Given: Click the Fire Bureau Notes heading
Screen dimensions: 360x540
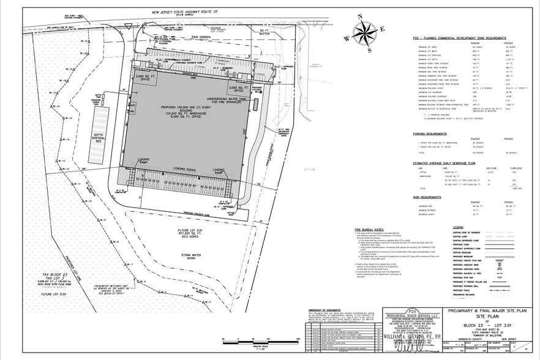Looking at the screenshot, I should [x=371, y=230].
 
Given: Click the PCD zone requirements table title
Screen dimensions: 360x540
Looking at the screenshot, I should [x=456, y=37].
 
